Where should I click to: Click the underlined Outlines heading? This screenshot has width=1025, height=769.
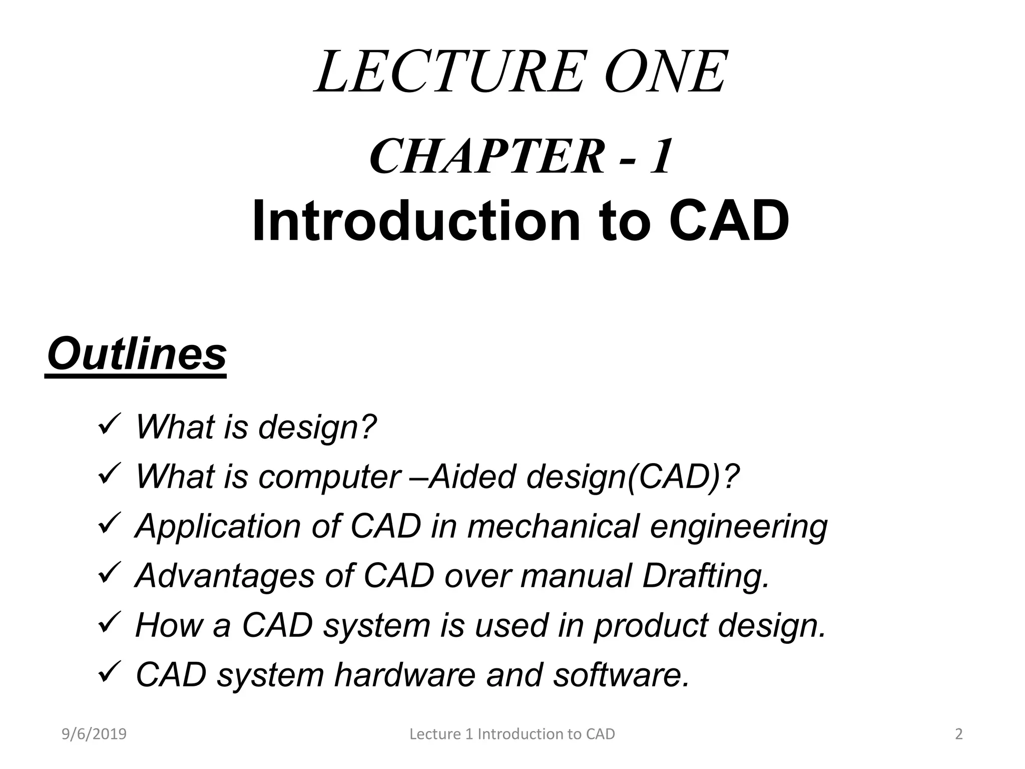point(137,354)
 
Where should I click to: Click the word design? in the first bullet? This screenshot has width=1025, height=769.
point(317,427)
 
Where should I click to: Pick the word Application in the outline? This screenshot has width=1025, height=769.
point(218,527)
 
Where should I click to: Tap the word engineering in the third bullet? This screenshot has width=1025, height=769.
point(739,527)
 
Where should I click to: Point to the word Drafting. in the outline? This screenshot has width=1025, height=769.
point(706,576)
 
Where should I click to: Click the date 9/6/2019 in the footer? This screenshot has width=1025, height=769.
point(94,734)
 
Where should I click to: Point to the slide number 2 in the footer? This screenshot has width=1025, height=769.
point(958,734)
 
